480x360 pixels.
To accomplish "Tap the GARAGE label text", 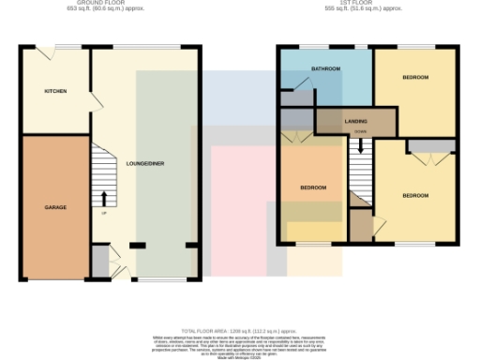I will (55, 206).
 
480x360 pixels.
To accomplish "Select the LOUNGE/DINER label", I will (145, 163).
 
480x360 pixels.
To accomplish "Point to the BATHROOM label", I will (326, 69).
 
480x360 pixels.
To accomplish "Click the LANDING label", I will (355, 122).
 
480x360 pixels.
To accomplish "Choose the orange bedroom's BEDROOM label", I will (313, 187).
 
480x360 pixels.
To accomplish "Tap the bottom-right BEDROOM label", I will (415, 195).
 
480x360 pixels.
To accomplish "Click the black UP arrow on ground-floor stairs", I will (103, 199).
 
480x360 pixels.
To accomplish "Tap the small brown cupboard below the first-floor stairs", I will (360, 225).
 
